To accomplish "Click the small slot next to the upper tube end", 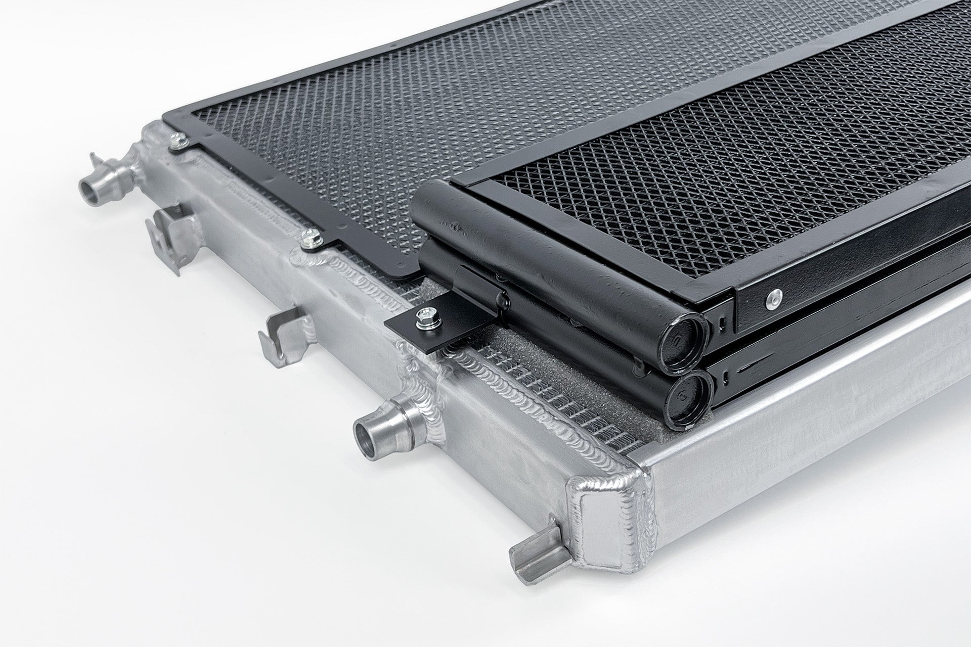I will click(x=724, y=321).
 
